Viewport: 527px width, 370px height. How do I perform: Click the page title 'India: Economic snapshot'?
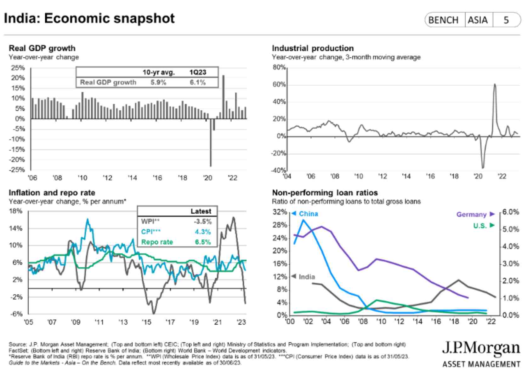89,18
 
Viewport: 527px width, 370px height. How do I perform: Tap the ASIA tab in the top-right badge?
478,20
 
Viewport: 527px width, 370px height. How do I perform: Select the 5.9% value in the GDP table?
158,83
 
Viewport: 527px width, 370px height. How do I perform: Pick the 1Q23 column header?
198,72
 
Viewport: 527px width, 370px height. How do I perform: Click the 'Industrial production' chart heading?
313,48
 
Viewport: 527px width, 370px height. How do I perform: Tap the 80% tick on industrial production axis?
279,67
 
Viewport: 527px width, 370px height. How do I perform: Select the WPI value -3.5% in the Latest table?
203,222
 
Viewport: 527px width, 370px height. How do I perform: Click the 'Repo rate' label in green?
157,242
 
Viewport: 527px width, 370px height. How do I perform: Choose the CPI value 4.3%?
203,232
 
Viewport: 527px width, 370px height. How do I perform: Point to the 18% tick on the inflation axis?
15,211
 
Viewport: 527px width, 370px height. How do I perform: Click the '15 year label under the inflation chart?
146,322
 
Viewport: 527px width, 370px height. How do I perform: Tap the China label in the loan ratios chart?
308,214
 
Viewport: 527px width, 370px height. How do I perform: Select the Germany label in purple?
471,215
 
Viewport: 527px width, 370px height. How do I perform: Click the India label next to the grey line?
307,277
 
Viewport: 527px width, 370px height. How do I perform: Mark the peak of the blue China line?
303,220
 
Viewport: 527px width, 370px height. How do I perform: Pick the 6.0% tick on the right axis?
510,212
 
